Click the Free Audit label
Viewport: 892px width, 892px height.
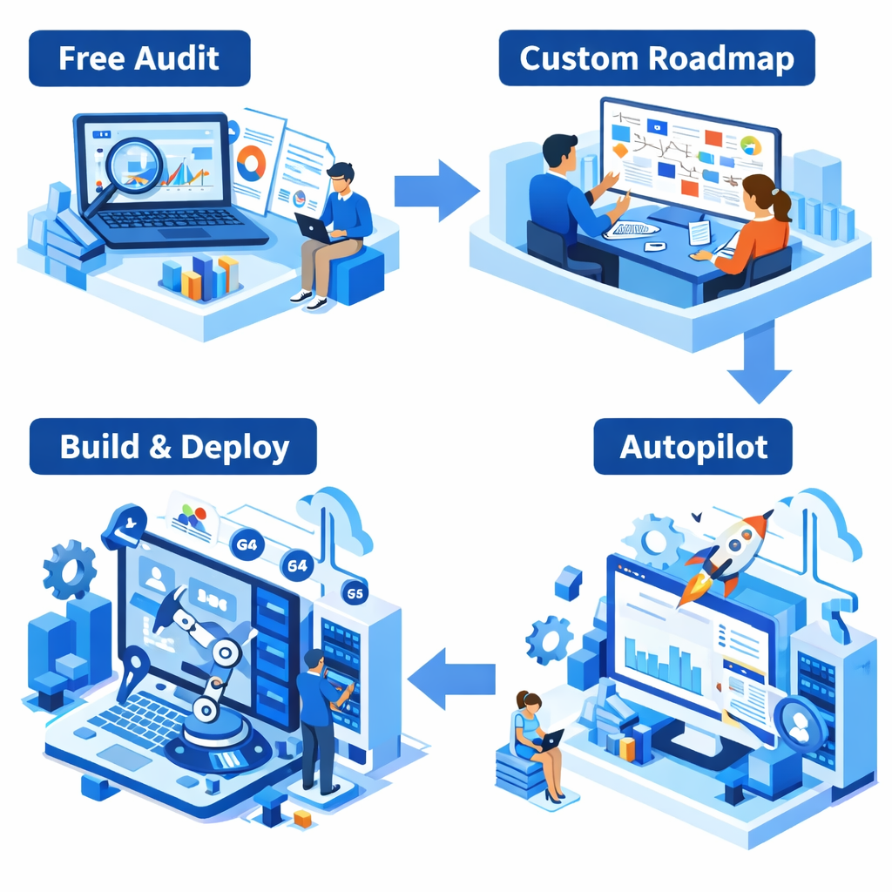tap(139, 58)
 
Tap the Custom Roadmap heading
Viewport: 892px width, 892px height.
tap(657, 58)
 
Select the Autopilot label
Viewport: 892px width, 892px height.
tap(693, 447)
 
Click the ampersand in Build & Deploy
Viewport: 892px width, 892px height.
tap(159, 447)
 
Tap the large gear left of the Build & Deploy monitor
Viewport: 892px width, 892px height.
tap(70, 571)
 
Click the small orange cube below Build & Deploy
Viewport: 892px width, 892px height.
tap(303, 817)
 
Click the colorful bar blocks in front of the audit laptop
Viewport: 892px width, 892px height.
tap(200, 278)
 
